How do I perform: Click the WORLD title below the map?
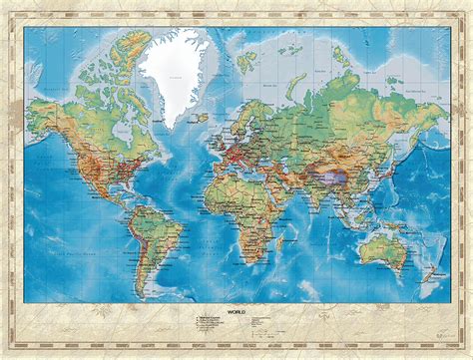coord(236,311)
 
